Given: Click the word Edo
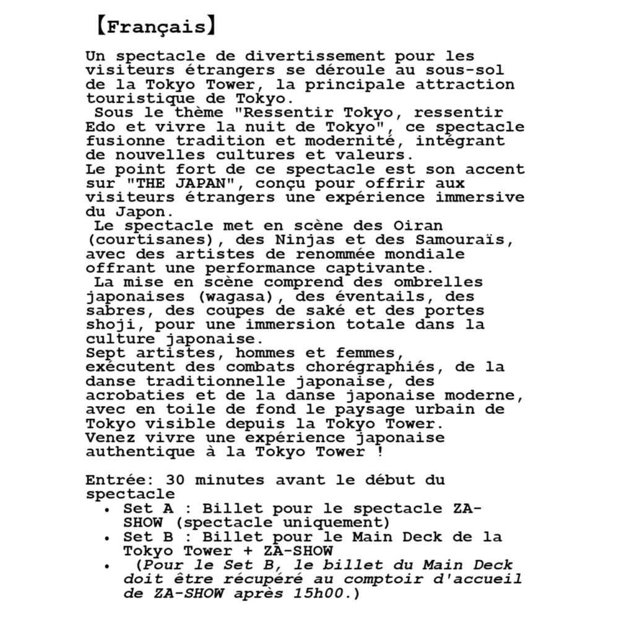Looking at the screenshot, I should pyautogui.click(x=100, y=127).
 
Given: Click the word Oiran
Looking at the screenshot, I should pyautogui.click(x=418, y=225).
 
